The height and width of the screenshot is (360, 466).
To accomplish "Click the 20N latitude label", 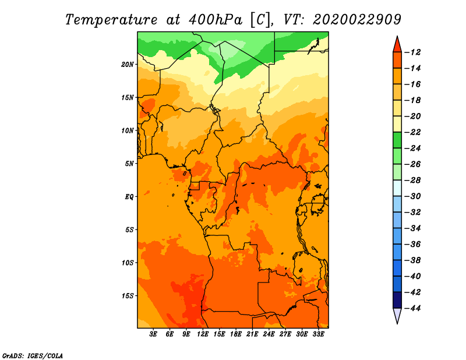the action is point(127,65).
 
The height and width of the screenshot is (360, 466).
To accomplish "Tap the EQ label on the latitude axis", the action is point(129,197).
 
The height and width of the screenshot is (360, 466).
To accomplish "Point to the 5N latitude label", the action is point(129,164).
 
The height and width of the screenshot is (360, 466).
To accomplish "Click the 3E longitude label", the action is point(153,334).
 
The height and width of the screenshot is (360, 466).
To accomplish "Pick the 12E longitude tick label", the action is point(203,334).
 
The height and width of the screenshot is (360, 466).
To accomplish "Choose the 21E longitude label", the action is point(252,334).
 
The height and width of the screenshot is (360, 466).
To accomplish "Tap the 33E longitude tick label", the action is point(318,334).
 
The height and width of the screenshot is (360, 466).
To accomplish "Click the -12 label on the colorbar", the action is point(412,52).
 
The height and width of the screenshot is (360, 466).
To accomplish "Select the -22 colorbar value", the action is point(412,132).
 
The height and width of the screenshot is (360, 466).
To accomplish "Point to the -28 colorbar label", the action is point(412,180).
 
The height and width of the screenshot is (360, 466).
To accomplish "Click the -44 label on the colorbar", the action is point(412,308).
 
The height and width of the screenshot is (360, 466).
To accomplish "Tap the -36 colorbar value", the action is point(412,244).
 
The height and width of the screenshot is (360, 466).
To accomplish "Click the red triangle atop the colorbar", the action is point(397,45).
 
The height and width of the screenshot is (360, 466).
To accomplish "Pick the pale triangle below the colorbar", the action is point(397,315).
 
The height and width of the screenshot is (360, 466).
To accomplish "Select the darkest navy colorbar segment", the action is point(397,300).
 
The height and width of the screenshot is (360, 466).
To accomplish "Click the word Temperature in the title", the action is point(111,20).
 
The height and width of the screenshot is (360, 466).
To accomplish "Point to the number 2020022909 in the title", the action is point(357,20).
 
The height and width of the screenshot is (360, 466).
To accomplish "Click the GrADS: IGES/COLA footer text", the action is point(33,355).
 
